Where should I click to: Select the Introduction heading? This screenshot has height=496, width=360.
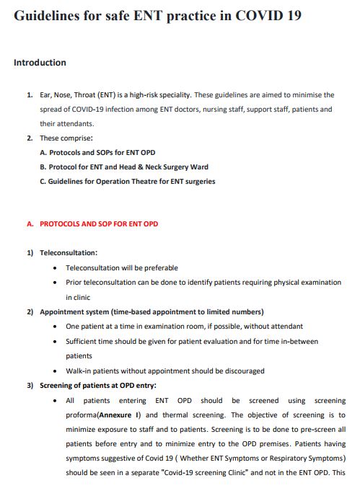click(x=40, y=63)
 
